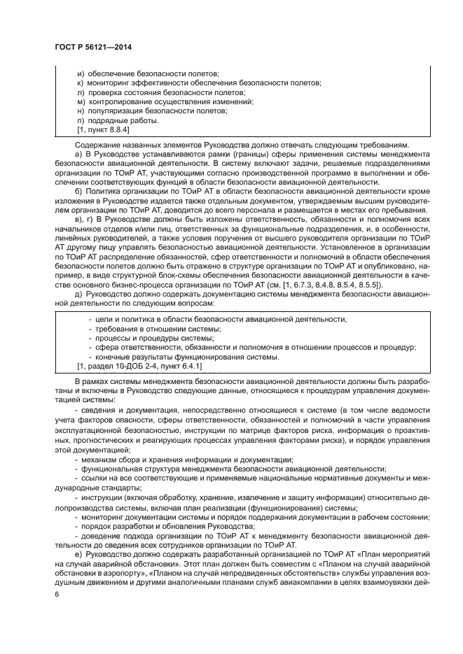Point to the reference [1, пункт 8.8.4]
coord(103,129)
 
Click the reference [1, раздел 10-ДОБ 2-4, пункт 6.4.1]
coord(139,366)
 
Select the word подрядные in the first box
coord(107,120)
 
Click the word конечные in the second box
coord(113,357)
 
